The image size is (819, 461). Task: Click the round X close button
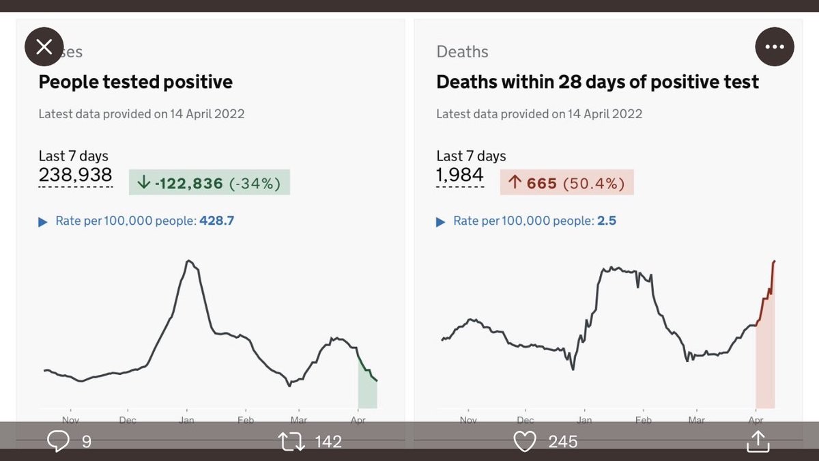(x=44, y=46)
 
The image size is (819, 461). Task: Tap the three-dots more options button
(x=775, y=47)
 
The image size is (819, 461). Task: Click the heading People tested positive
(x=135, y=83)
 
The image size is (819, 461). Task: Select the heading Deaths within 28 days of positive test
(x=597, y=83)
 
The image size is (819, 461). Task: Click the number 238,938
(x=75, y=175)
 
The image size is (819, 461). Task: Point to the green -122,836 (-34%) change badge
(x=210, y=183)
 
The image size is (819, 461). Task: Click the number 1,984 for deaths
(x=460, y=175)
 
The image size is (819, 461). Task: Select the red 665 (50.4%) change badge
(x=566, y=183)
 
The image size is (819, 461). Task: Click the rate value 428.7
(x=216, y=221)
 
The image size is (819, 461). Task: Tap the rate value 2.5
(x=607, y=221)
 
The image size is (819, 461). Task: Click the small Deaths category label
(x=462, y=52)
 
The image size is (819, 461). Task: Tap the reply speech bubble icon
(x=58, y=442)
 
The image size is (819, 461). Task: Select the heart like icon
(x=524, y=442)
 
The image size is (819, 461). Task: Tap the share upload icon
(x=758, y=442)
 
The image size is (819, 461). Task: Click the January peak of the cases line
(x=189, y=261)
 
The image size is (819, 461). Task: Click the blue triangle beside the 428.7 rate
(x=43, y=222)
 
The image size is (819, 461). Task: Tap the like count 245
(x=563, y=442)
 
